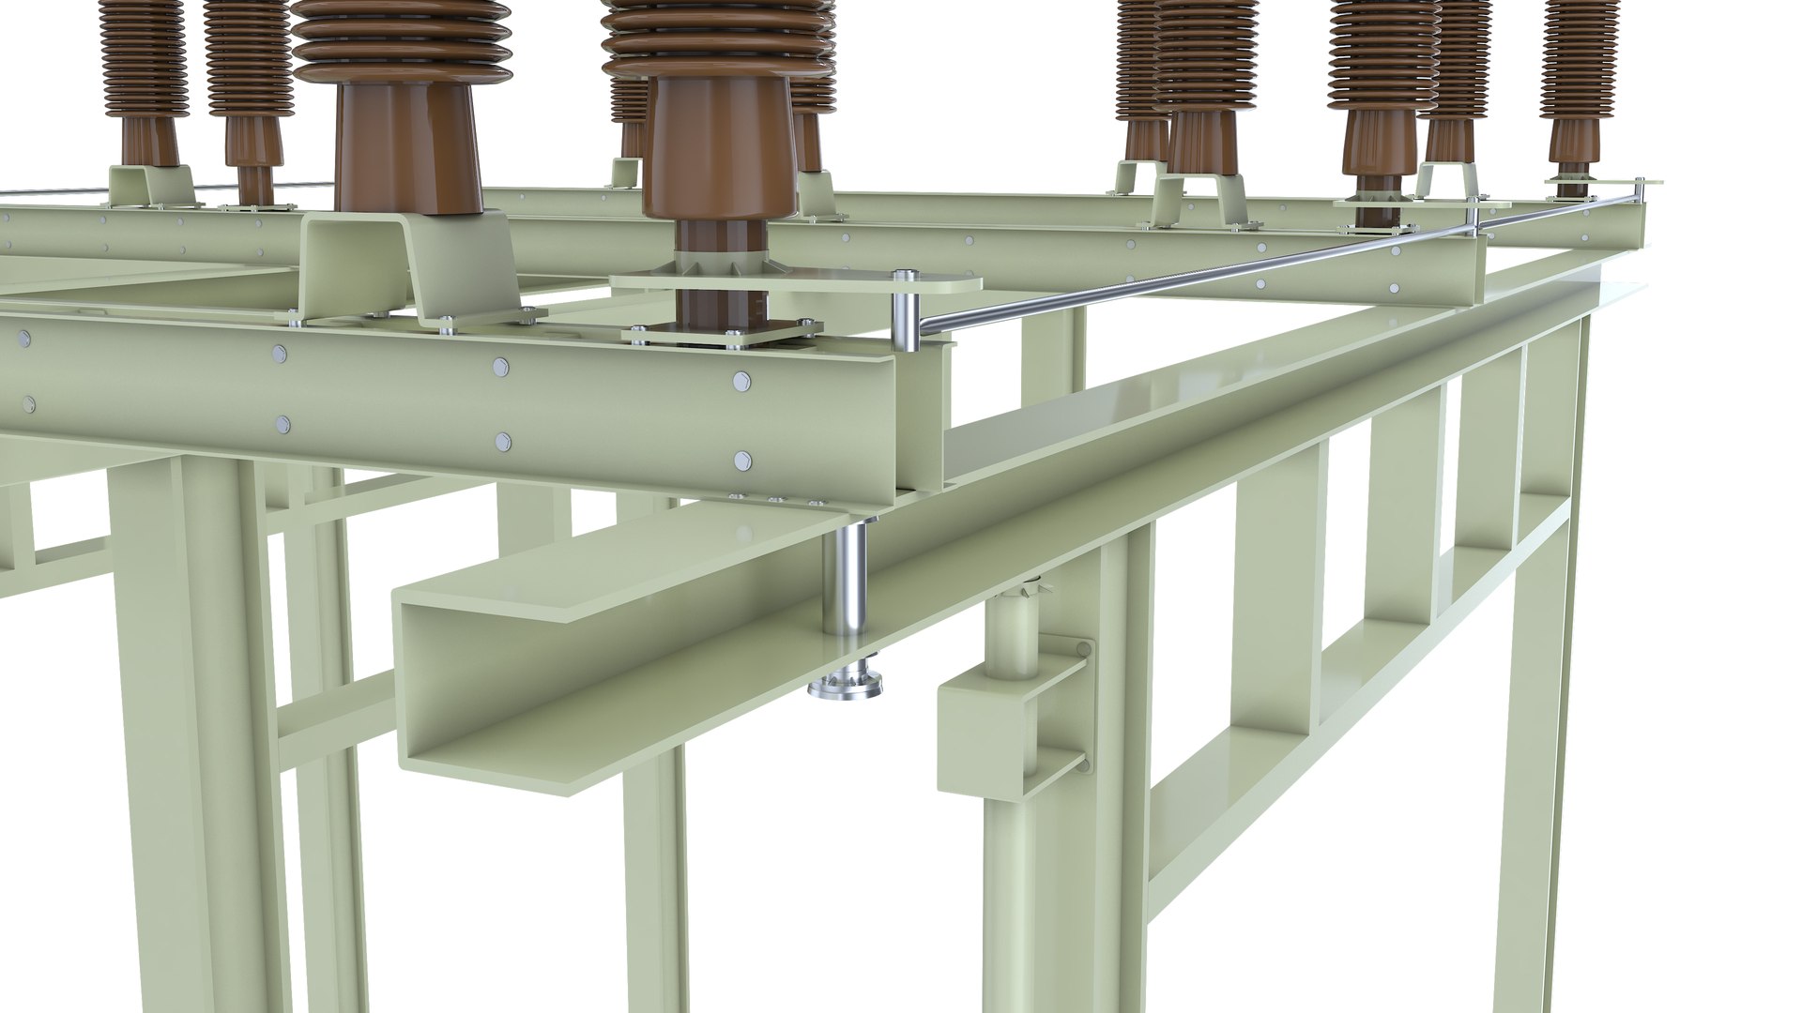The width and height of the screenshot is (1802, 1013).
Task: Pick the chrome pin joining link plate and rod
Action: point(905,314)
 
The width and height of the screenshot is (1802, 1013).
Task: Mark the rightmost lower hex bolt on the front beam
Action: point(743,461)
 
